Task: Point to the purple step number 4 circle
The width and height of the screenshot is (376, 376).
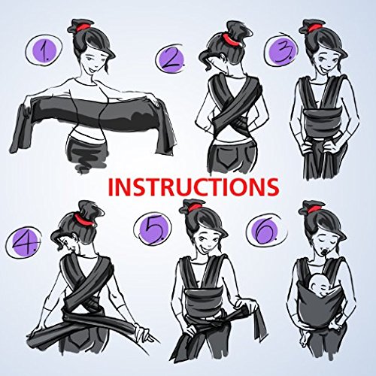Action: (25, 241)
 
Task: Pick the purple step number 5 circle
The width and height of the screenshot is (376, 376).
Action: (153, 229)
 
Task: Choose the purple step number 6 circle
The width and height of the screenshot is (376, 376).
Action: (265, 229)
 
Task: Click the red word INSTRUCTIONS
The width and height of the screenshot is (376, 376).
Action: (194, 187)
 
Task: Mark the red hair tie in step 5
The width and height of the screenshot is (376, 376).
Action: (193, 208)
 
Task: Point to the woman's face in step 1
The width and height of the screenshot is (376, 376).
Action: (89, 59)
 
